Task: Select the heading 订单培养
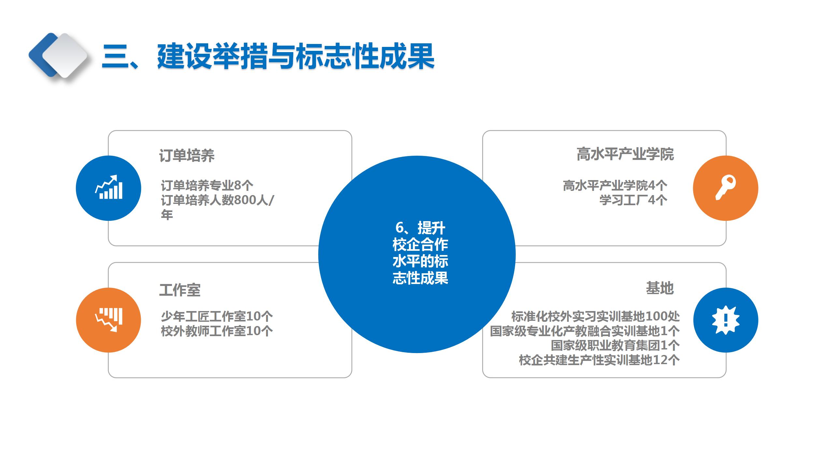coord(187,155)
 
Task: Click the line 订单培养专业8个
coord(207,185)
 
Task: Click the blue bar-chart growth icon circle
coord(108,188)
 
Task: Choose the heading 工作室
coord(180,290)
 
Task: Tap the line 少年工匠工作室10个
coord(217,316)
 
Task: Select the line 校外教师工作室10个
coord(217,331)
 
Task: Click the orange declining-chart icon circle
coord(108,320)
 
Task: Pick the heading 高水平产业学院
coord(625,154)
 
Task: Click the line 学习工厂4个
coord(633,200)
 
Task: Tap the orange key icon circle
coord(726,188)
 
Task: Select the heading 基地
coord(660,288)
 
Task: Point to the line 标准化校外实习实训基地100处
coord(596,316)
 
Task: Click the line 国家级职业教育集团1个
coord(615,345)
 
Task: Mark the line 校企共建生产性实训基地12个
coord(599,360)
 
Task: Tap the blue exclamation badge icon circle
coord(726,320)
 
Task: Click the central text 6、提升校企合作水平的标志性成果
coord(420,253)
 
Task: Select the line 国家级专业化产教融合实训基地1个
coord(585,331)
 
